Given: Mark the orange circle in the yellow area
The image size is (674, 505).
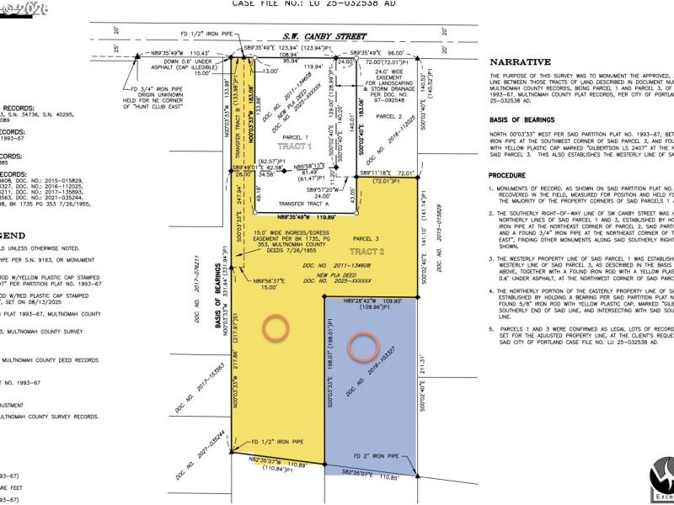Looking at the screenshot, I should [274, 328].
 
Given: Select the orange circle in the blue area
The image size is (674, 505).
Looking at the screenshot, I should [364, 344].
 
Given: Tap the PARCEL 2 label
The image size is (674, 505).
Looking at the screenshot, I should [388, 117].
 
